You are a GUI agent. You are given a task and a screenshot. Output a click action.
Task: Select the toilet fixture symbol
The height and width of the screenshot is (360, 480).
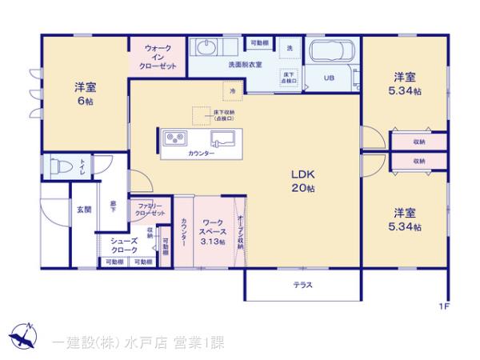(x=58, y=169)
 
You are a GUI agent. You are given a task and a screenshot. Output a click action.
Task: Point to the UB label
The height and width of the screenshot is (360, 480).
(x=330, y=78)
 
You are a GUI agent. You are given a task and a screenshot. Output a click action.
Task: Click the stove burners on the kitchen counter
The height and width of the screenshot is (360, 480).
(x=174, y=140)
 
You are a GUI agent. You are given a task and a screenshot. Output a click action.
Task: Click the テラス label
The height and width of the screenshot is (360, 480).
(x=302, y=285)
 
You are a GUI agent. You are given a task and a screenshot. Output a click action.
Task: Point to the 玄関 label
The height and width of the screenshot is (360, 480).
(x=83, y=210)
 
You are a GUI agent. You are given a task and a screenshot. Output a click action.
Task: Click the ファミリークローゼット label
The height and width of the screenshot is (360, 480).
(x=150, y=210)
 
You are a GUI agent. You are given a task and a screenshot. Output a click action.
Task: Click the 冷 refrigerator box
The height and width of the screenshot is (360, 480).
(x=232, y=92)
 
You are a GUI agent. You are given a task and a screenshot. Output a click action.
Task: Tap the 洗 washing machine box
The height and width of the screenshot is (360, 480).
(x=289, y=49)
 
